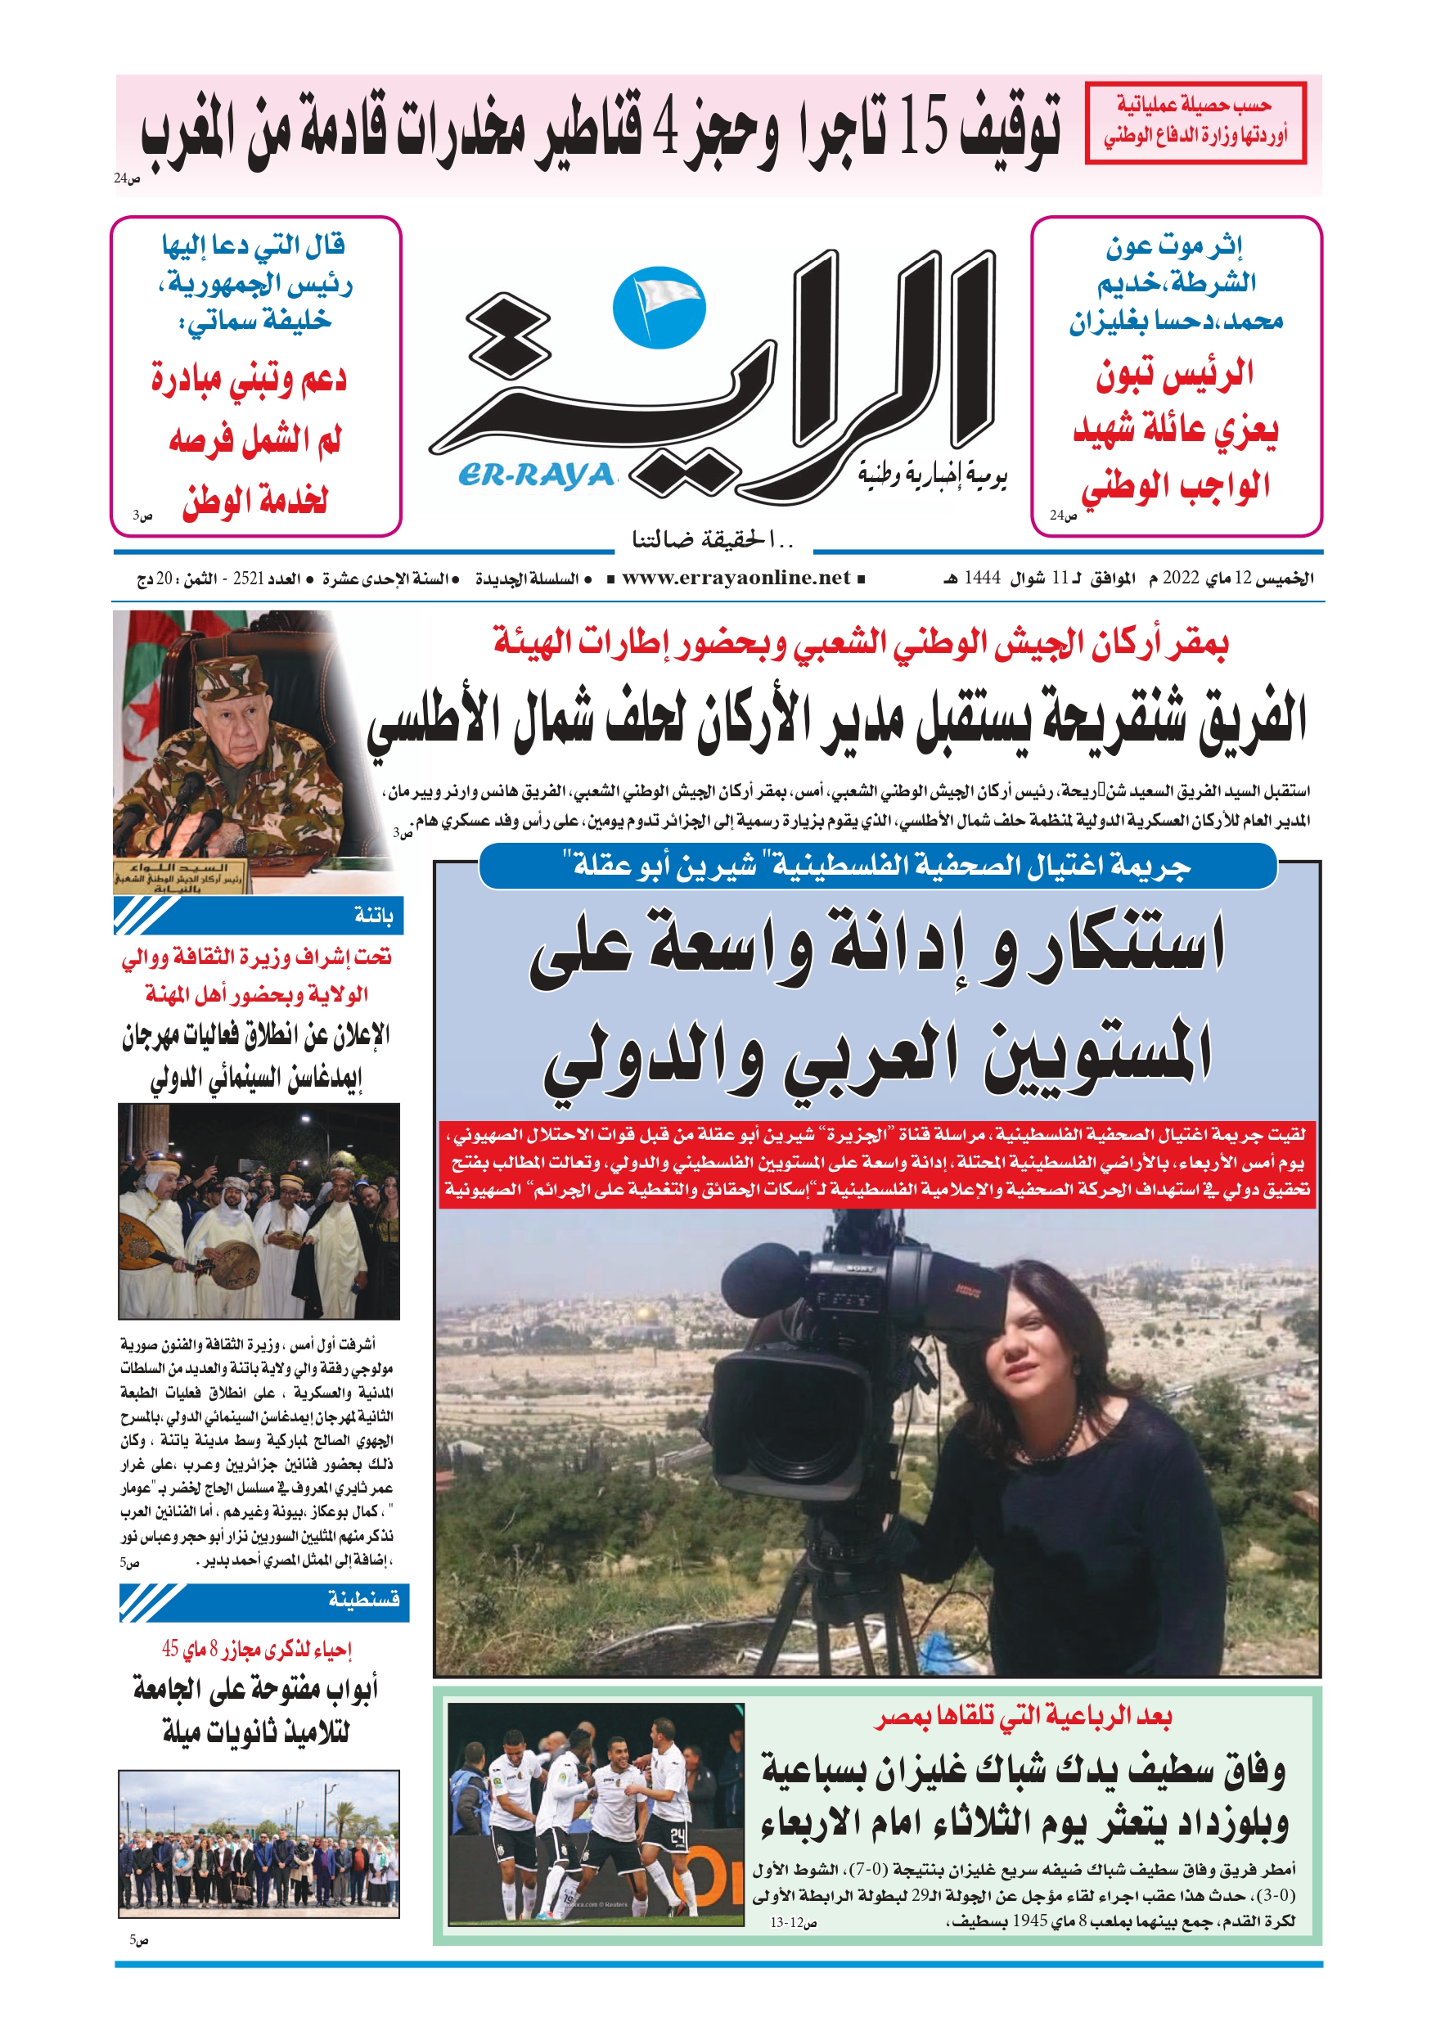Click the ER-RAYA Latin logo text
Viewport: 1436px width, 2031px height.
[536, 476]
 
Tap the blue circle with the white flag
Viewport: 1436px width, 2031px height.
[659, 307]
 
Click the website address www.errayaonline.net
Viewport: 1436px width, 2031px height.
[736, 579]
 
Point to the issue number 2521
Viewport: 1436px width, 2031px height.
[248, 579]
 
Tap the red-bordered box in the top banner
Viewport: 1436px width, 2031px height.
[1195, 123]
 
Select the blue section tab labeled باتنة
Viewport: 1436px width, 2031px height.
[259, 916]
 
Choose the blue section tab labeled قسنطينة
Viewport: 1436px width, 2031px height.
[264, 1598]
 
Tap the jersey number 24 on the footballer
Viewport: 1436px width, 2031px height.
[677, 1838]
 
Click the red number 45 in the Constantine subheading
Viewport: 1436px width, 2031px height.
[171, 1649]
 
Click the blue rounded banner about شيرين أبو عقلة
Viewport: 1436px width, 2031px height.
[878, 866]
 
